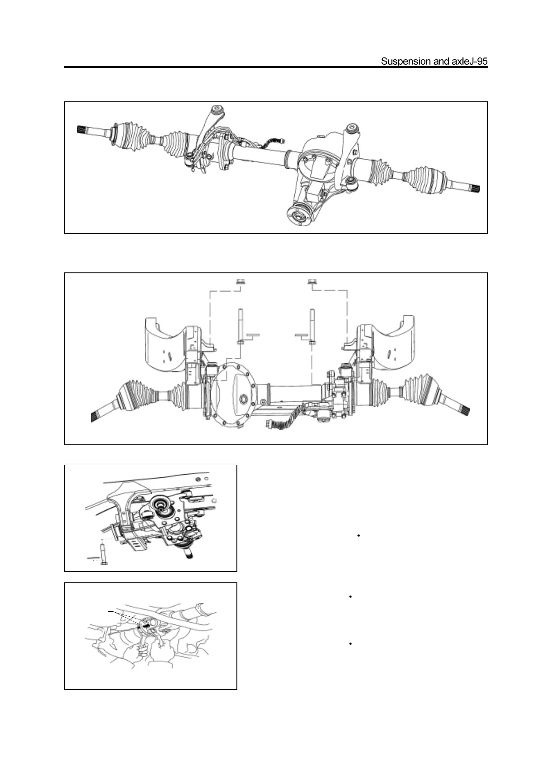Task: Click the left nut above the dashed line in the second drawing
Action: coord(239,282)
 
